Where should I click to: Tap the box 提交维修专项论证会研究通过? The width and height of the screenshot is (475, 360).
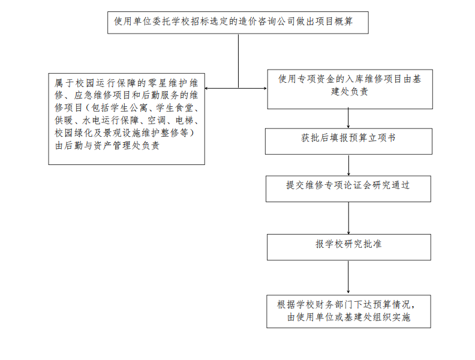coord(348,188)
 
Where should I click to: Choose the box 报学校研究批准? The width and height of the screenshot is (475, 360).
coord(348,246)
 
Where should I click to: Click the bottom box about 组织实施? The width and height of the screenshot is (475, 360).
coord(348,311)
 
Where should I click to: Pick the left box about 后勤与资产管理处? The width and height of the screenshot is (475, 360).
coord(127,119)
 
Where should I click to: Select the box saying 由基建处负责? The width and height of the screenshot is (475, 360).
coord(350,89)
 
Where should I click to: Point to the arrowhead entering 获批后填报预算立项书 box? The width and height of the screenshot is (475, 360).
coord(348,125)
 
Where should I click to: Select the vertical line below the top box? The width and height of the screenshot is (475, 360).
coord(238,60)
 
